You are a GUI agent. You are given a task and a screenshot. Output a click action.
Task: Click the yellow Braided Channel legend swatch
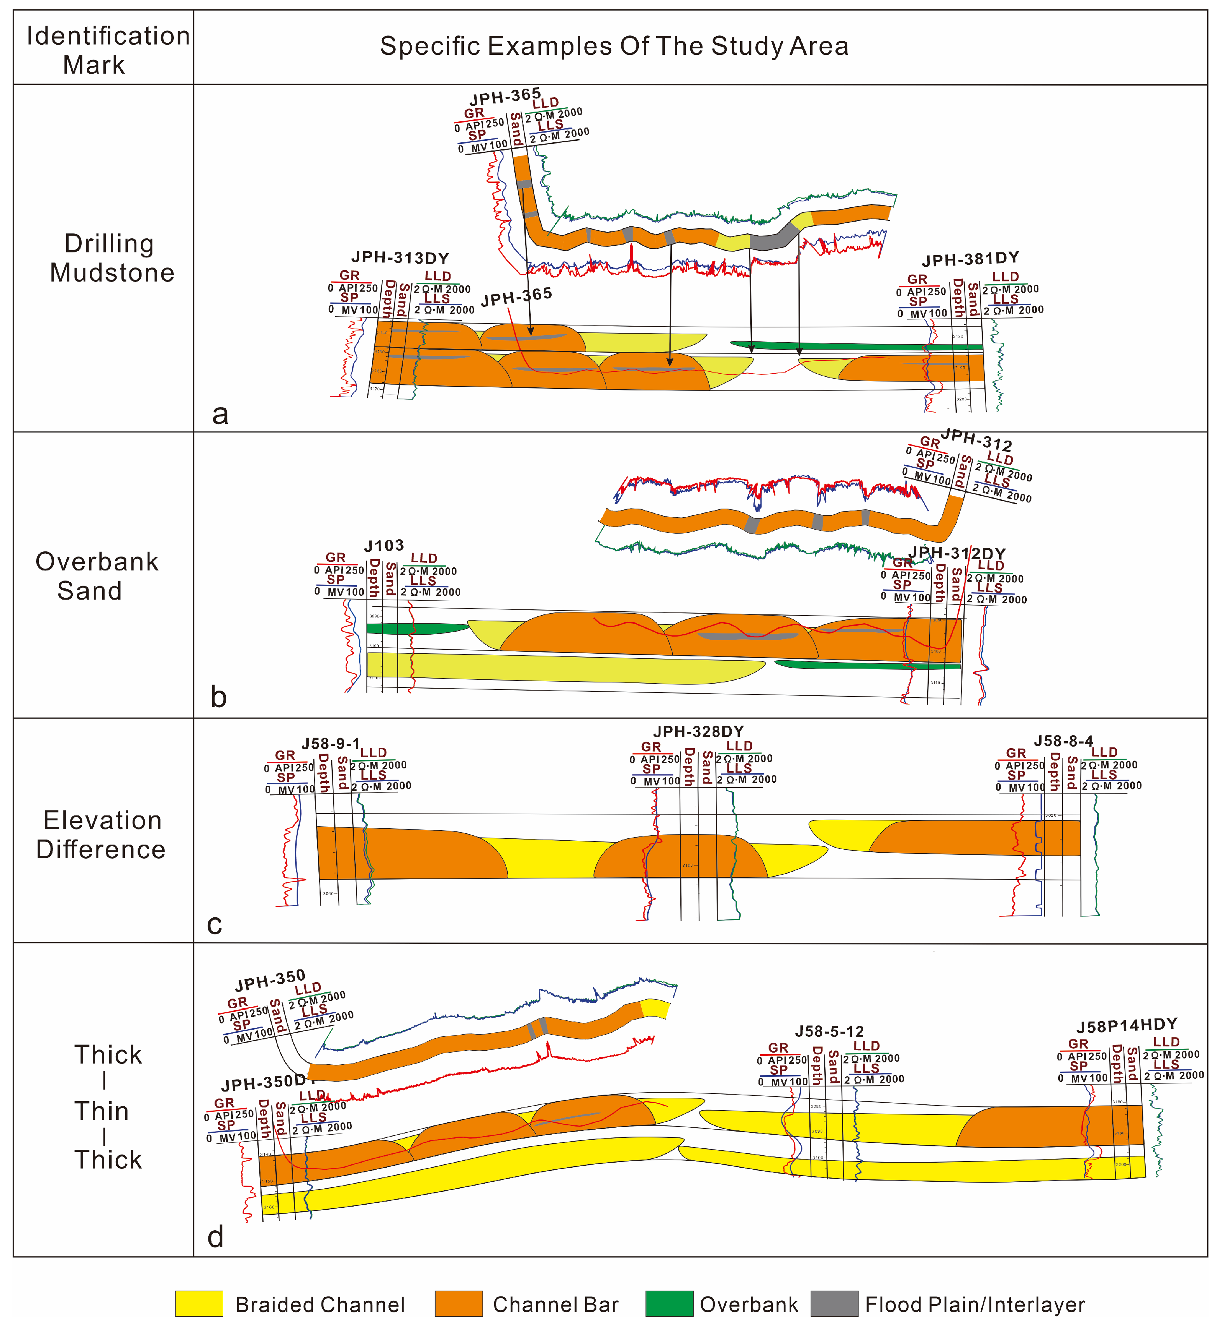tap(199, 1303)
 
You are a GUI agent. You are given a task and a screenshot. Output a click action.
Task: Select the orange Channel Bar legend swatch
tap(459, 1303)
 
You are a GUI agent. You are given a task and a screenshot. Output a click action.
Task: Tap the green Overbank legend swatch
tap(669, 1303)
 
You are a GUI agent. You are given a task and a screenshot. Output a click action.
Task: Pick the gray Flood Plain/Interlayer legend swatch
tap(834, 1303)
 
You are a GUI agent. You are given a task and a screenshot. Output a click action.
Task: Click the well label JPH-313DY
tap(400, 258)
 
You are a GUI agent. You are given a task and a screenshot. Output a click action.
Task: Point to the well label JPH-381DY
tap(970, 260)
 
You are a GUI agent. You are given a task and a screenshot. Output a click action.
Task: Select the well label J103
tap(384, 546)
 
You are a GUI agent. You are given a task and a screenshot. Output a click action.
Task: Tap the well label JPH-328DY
tap(699, 731)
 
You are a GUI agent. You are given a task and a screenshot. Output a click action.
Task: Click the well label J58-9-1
tap(331, 744)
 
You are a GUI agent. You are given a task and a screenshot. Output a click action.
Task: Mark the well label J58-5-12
tap(829, 1031)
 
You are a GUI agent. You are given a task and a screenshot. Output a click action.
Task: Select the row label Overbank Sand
tap(96, 576)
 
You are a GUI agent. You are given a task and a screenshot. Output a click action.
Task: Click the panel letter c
tap(214, 924)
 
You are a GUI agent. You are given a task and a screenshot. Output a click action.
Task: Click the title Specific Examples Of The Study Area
tap(614, 46)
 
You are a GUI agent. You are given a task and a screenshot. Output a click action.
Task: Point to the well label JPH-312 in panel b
tap(977, 439)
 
